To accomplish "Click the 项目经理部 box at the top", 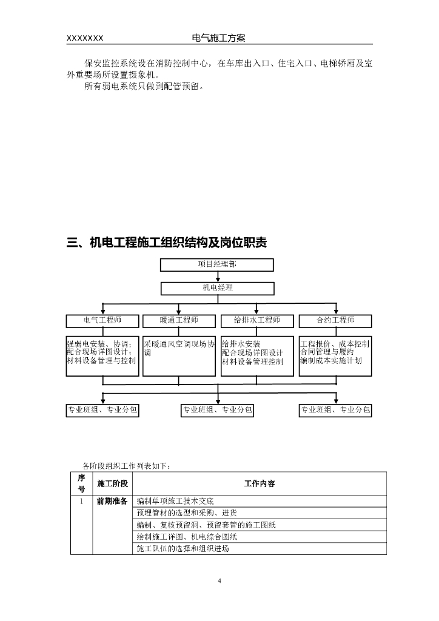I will pos(216,265).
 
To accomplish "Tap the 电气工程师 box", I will pos(102,321).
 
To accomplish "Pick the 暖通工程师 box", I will pos(179,321).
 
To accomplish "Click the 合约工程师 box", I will pos(335,321).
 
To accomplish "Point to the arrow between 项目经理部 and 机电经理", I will pos(217,277).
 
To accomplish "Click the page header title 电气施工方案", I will pos(218,38).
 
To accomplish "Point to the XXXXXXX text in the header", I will pos(84,38).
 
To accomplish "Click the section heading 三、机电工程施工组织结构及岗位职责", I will pos(167,243).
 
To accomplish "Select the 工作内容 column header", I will pos(260,483).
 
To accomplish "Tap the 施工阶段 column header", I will pos(112,483).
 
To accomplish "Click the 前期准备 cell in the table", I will pos(112,502).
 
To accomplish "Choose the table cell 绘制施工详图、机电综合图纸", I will pos(187,537).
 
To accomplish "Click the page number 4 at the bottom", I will pos(219,582).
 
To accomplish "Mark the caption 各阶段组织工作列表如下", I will pos(126,466).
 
